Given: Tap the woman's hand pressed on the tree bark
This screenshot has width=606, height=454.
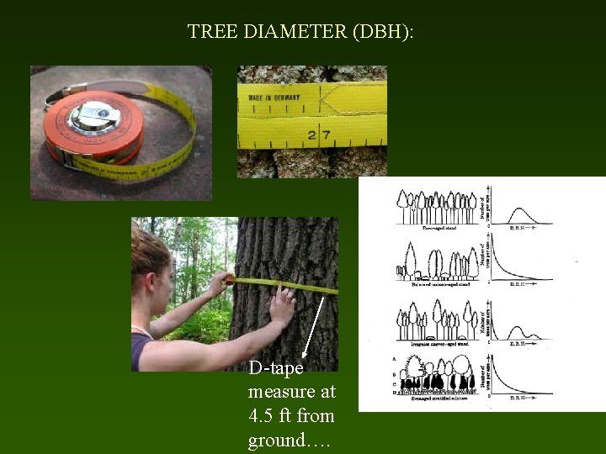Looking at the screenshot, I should pyautogui.click(x=282, y=307).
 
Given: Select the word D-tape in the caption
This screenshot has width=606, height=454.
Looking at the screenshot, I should pyautogui.click(x=275, y=368).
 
